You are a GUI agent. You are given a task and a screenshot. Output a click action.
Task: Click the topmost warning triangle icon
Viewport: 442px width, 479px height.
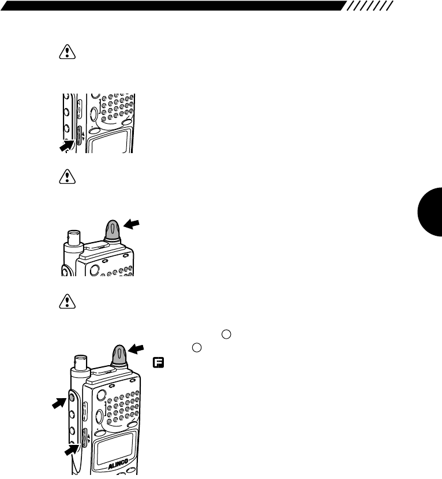click(68, 52)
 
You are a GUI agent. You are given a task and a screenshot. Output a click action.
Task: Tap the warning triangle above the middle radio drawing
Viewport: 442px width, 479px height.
click(68, 180)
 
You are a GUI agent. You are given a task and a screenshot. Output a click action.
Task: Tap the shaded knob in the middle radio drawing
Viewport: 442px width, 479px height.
click(112, 231)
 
